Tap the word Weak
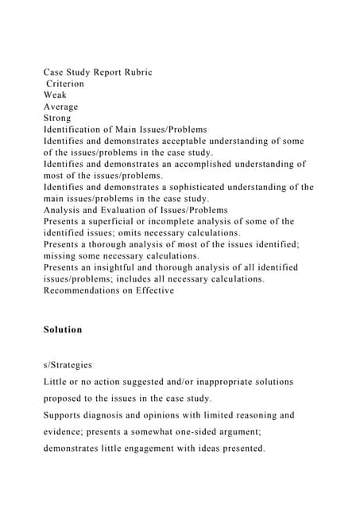[x=56, y=95]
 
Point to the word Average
[x=61, y=107]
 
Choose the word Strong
[x=59, y=118]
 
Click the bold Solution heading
[x=63, y=329]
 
